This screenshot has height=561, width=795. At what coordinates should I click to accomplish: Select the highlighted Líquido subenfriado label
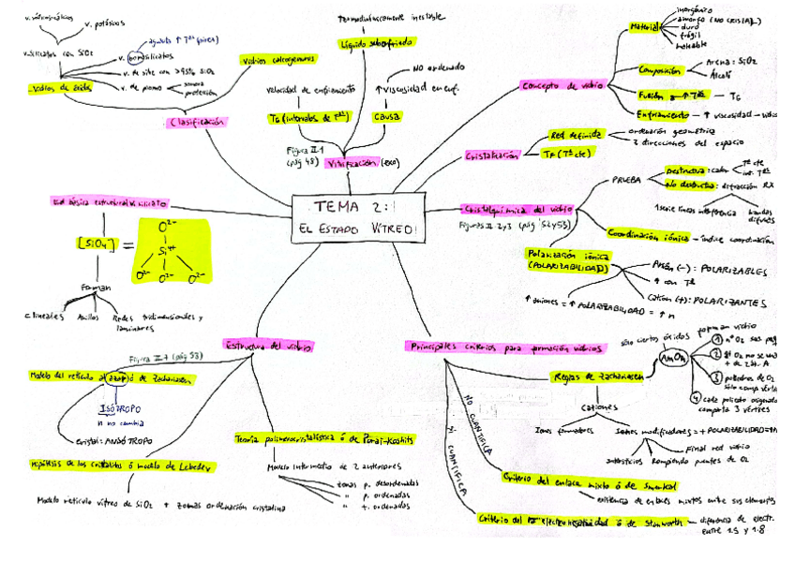[368, 44]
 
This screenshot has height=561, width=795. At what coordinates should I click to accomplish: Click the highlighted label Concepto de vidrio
[557, 85]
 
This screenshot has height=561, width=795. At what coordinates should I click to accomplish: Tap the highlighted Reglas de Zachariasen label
[598, 376]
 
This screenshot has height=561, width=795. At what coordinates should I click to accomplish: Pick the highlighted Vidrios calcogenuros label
[278, 59]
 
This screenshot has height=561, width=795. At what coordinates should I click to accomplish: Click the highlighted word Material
[645, 27]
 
